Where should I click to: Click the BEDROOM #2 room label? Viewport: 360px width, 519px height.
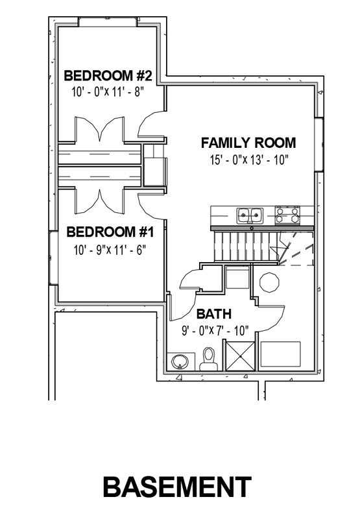coord(108,75)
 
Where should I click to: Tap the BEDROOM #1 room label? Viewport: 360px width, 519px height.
coord(110,232)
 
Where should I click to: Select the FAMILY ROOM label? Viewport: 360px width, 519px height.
coord(248,143)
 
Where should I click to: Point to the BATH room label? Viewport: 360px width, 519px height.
coord(214,314)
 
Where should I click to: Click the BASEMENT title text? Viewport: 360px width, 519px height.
coord(177,487)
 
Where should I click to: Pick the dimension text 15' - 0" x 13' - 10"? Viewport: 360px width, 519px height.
coord(249,160)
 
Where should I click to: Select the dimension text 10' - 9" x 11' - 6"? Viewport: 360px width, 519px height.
coord(110,250)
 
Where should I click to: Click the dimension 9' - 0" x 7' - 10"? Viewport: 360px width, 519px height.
coord(215,331)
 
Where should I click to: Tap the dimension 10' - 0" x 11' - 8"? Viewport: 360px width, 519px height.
coord(108,91)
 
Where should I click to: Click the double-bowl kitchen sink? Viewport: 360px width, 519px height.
coord(250,215)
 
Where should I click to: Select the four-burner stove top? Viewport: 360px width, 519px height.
coord(287,215)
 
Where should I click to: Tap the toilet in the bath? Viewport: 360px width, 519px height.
coord(208,359)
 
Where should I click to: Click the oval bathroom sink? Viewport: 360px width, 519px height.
coord(180,361)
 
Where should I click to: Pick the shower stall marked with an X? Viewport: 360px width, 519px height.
coord(240,356)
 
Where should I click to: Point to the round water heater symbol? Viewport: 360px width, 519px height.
coord(269,282)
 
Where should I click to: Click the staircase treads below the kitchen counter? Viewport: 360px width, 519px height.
coord(246,247)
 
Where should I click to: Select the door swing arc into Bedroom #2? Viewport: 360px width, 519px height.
coord(145,124)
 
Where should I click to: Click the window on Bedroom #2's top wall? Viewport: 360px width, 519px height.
coord(108,21)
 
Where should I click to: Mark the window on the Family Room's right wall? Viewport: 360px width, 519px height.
coord(318,144)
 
